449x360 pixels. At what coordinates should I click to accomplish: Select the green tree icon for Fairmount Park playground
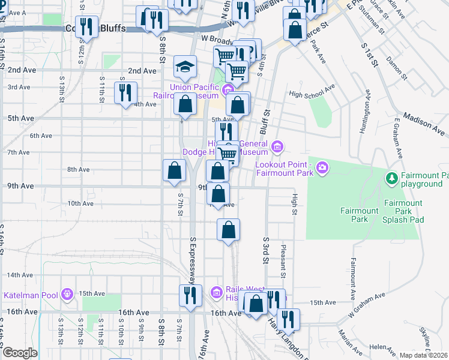(x=392, y=178)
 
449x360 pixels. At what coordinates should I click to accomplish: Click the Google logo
(x=19, y=352)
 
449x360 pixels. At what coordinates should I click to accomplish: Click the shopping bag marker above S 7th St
(x=173, y=170)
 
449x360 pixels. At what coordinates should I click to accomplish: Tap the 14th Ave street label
(x=20, y=275)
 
